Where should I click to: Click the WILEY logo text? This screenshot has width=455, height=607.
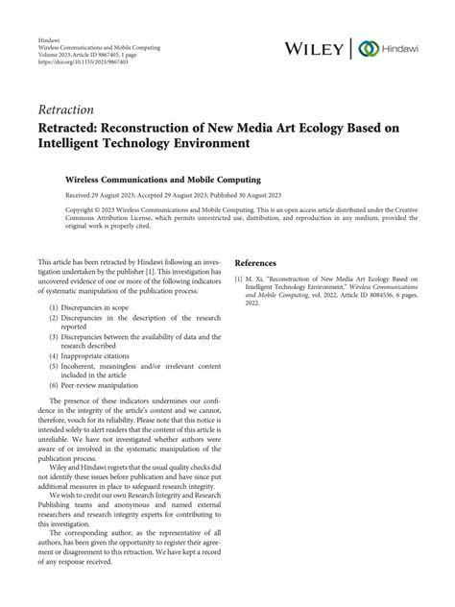(319, 48)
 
